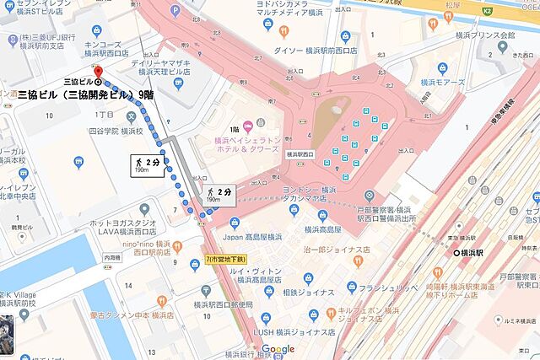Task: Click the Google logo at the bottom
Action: click(x=278, y=349)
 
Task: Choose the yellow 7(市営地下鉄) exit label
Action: click(x=228, y=260)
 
